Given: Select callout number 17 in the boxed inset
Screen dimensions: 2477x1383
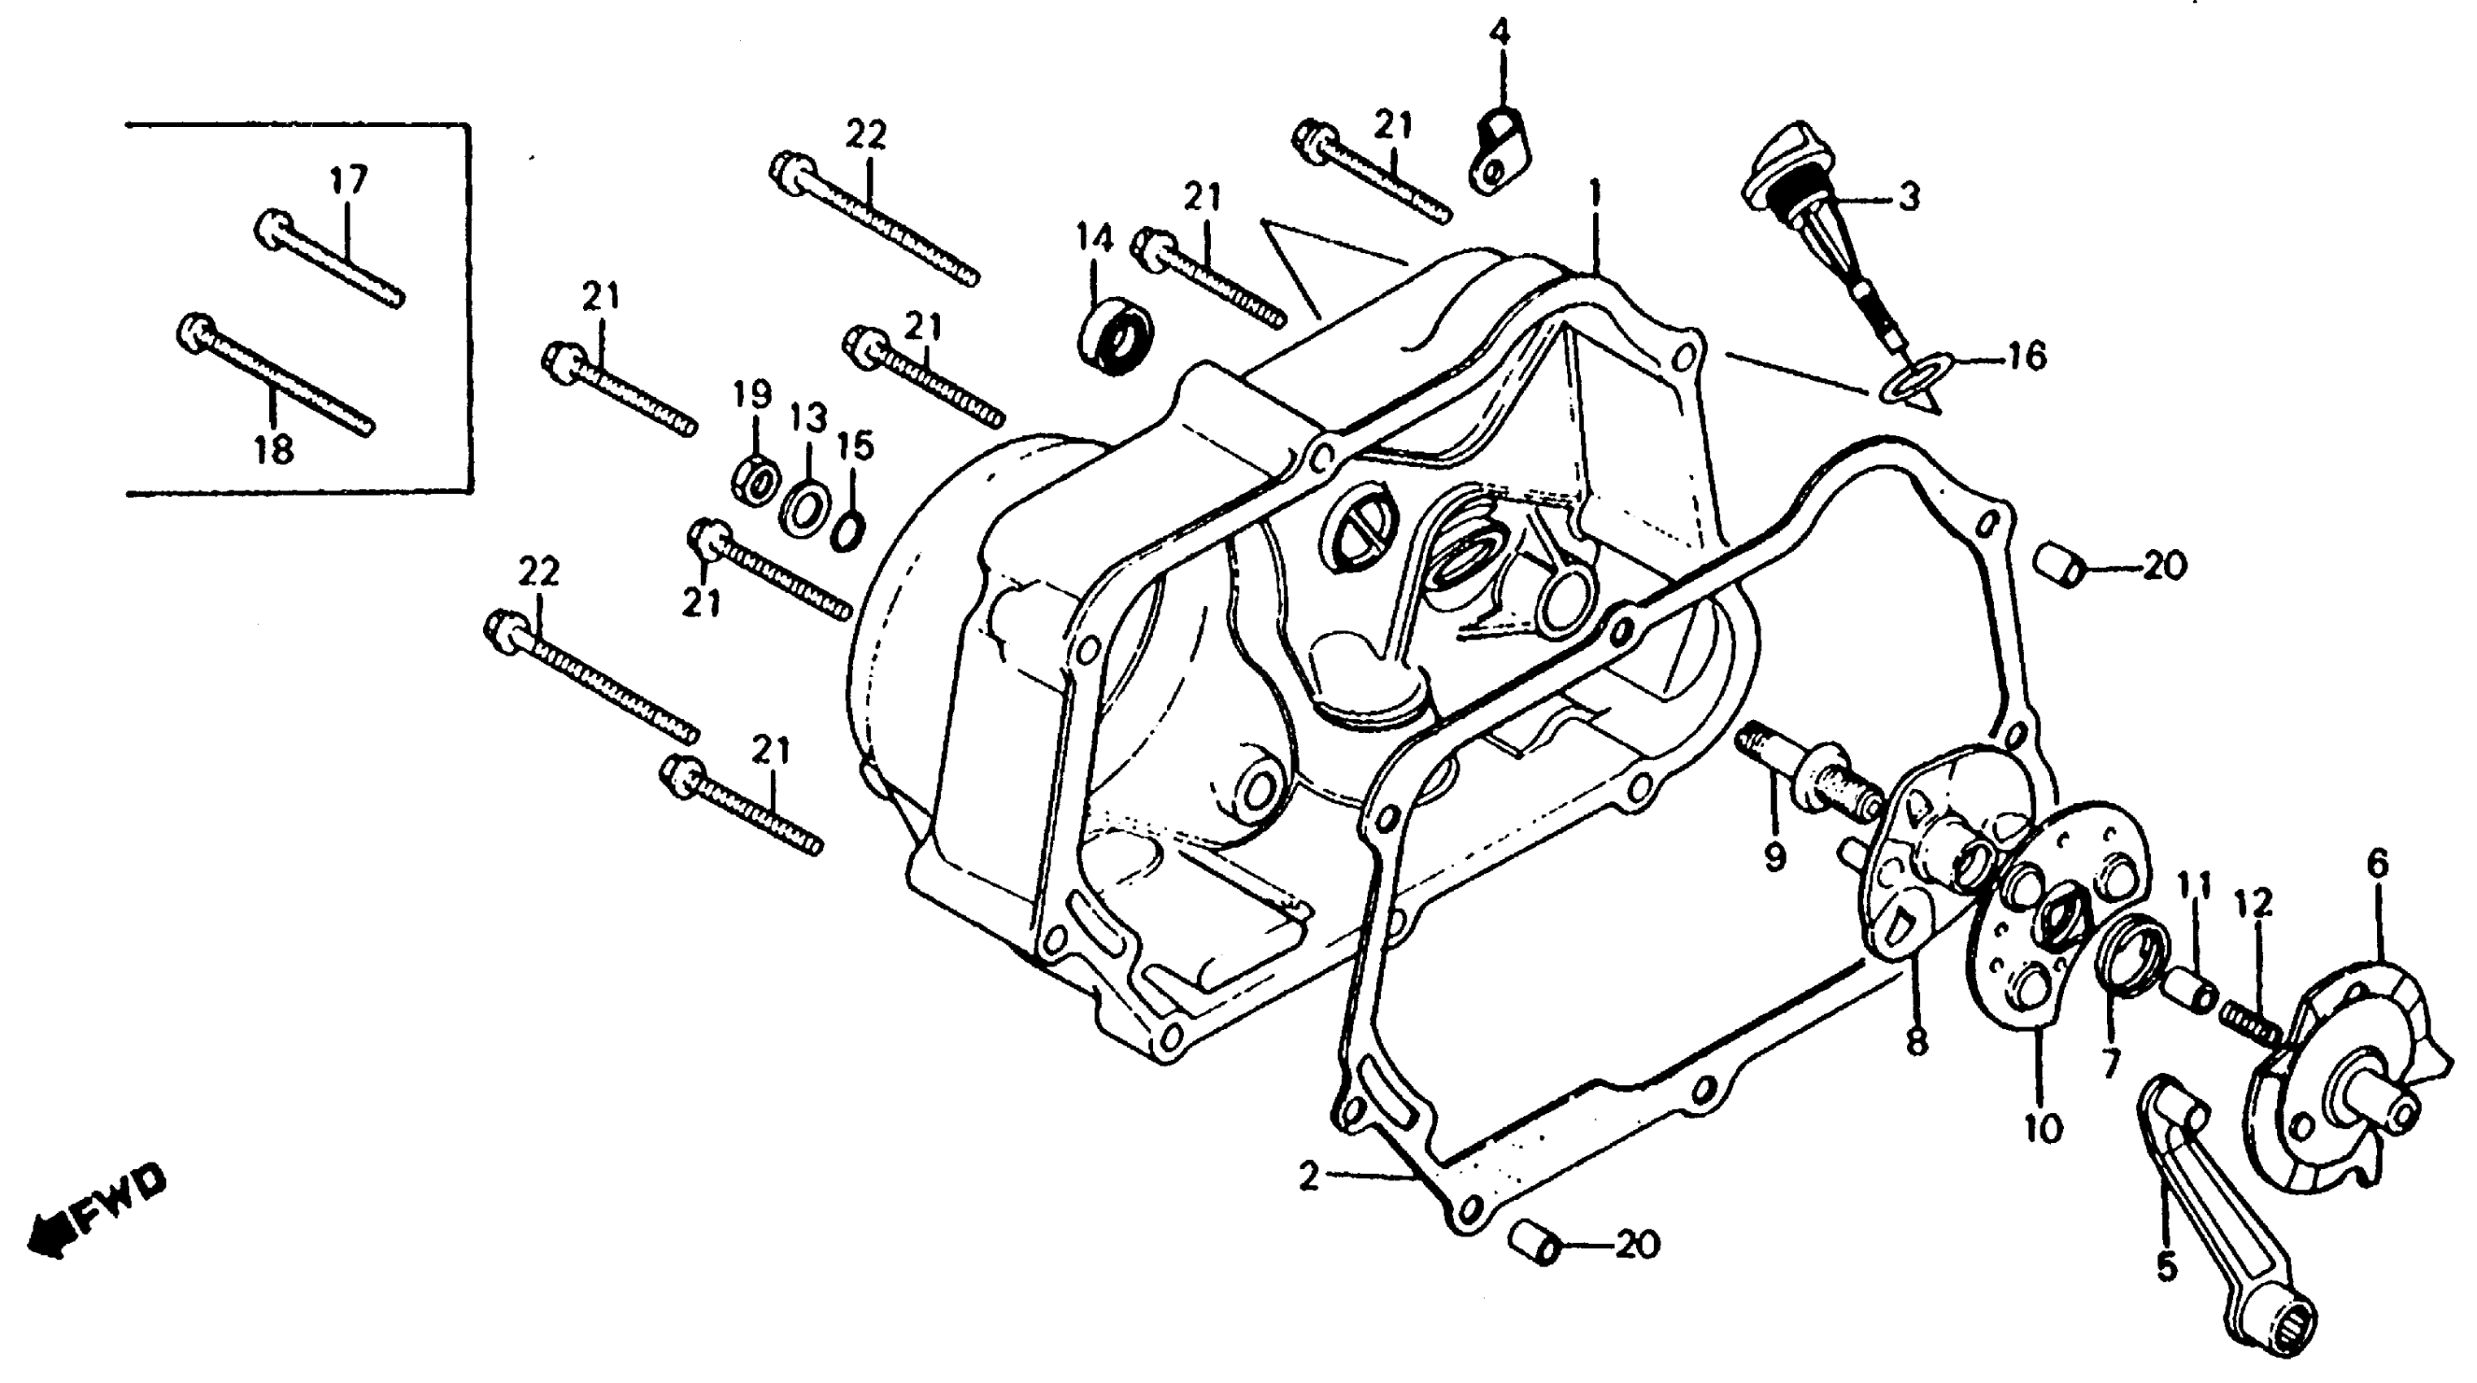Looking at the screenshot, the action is coord(349,181).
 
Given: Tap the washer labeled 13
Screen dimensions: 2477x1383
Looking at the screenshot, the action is coord(806,507).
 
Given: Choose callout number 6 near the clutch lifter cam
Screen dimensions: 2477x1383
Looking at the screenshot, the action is coord(2376,865).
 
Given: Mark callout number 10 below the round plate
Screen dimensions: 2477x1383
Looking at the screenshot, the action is coord(2043,1128).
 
